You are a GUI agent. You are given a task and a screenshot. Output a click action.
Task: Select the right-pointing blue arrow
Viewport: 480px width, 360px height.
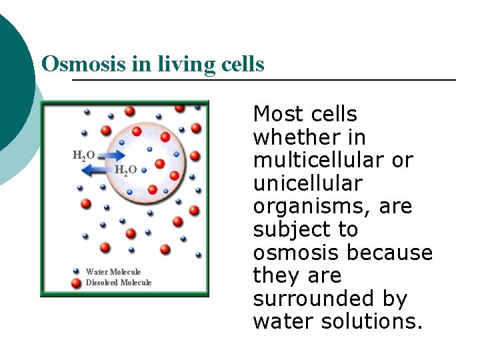109,155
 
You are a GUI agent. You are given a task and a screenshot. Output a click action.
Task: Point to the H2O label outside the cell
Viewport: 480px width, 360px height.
83,156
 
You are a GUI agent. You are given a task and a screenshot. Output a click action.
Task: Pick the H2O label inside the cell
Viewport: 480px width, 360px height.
125,171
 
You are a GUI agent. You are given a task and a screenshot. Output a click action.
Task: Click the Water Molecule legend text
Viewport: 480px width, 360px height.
113,271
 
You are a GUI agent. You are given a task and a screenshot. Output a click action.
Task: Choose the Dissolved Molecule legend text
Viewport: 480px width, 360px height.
119,283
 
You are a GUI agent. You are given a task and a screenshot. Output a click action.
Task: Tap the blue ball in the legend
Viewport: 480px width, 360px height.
77,271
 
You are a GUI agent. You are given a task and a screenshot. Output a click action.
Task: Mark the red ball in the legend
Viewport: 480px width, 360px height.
77,283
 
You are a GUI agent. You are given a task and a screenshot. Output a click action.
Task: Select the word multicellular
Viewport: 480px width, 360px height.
333,161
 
